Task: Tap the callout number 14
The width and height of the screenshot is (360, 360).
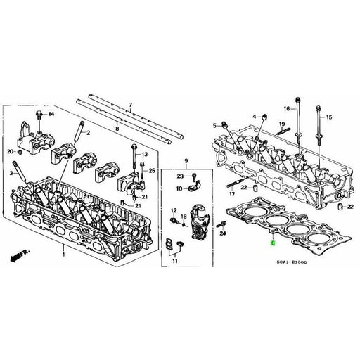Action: tap(50, 113)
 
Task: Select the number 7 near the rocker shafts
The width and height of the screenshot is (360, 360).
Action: tap(130, 105)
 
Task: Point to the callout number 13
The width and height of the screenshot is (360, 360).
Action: tap(145, 154)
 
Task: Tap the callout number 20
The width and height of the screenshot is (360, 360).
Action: tap(11, 151)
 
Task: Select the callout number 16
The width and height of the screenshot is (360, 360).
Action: tap(286, 108)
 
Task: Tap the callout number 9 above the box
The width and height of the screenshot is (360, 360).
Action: tap(187, 162)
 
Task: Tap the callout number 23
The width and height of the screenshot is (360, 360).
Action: tap(180, 176)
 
